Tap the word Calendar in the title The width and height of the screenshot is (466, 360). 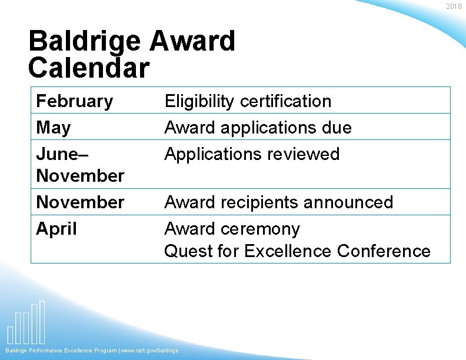pyautogui.click(x=88, y=68)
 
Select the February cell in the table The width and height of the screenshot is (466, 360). pyautogui.click(x=74, y=101)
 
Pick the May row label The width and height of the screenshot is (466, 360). pyautogui.click(x=53, y=128)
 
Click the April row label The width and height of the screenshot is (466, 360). pyautogui.click(x=56, y=228)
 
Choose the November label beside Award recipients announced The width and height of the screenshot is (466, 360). pyautogui.click(x=80, y=202)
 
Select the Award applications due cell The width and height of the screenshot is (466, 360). pyautogui.click(x=258, y=128)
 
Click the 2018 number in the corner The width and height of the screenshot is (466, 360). pyautogui.click(x=454, y=6)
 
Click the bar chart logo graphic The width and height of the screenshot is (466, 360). pyautogui.click(x=26, y=324)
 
